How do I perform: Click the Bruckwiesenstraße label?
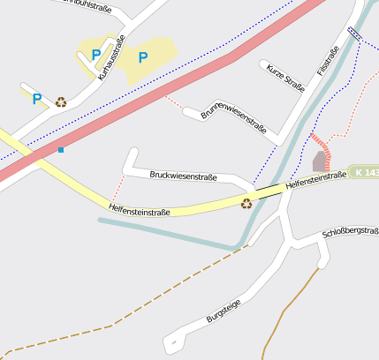coord(183,176)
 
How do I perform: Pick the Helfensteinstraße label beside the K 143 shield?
coord(315,181)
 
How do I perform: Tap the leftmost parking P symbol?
coord(37,100)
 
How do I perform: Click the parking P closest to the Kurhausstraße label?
coord(95,55)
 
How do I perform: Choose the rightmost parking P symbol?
coord(142,57)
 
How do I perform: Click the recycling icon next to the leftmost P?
coord(60,101)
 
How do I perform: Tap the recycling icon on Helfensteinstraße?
coord(246,204)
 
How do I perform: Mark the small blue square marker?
coord(61,150)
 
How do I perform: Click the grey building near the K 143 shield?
coord(319,161)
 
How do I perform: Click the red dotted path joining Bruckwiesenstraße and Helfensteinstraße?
coord(114,188)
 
